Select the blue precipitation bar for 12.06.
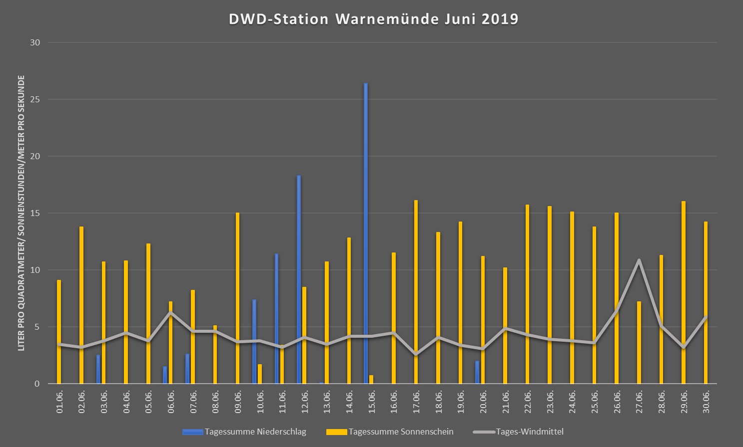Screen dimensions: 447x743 (299, 279)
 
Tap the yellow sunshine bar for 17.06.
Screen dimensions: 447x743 (416, 292)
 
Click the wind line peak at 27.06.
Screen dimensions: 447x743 (639, 260)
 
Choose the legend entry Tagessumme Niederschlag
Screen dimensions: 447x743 (244, 432)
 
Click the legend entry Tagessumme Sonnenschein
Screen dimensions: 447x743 (390, 432)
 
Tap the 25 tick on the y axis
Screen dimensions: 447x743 (35, 99)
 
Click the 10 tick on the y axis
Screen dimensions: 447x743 (35, 270)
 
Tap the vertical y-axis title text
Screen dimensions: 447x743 (21, 213)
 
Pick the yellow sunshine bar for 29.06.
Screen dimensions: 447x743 (684, 292)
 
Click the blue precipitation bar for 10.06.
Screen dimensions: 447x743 (254, 341)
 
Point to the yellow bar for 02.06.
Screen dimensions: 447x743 (81, 305)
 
